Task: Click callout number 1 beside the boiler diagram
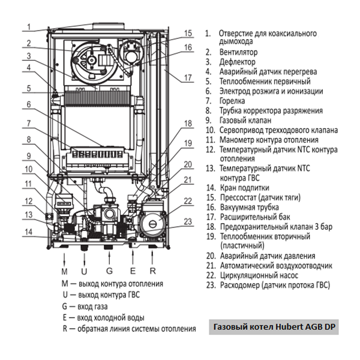coord(28,26)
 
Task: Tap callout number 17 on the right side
coord(188,77)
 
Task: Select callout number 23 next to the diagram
coord(188,221)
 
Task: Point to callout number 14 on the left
coord(28,232)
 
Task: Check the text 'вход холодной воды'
coord(110,317)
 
